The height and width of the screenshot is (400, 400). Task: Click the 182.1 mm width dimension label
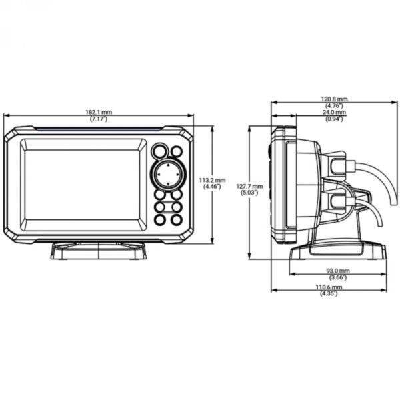[99, 112]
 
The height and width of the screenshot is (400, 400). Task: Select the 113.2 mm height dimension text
[213, 180]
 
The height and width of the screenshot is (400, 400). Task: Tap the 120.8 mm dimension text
[335, 99]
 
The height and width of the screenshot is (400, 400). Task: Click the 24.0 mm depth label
[335, 113]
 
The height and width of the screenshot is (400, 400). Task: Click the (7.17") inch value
[99, 119]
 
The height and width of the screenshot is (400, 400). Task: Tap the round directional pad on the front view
[168, 174]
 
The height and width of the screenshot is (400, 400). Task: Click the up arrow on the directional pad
[168, 164]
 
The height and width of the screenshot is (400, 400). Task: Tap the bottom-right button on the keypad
[177, 219]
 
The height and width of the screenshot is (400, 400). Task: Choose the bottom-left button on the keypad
[160, 219]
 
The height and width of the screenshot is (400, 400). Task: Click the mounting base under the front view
[99, 250]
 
